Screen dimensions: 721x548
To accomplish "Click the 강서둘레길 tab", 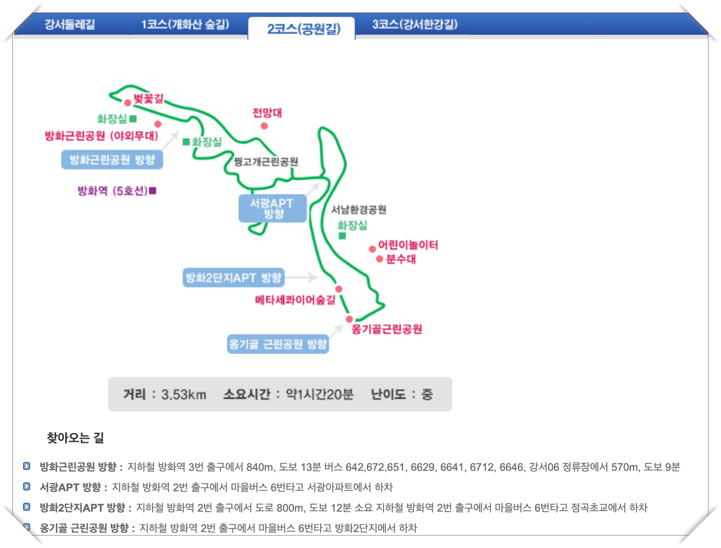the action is (70, 24).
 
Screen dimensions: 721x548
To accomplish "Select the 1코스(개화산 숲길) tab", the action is (185, 24).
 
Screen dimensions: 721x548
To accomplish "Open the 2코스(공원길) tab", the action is (303, 29).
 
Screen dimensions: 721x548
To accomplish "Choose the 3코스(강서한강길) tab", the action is (415, 24).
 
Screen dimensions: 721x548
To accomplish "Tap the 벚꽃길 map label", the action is (149, 98).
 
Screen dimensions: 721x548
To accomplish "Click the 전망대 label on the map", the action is (267, 113).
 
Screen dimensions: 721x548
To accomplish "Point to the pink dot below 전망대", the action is (264, 126).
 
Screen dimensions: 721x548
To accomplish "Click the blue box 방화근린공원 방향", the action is (112, 160).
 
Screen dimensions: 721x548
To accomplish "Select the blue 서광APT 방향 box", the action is (272, 208).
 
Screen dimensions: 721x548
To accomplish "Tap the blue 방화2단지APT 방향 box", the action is (233, 278).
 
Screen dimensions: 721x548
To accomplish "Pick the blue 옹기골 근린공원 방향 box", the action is (278, 344).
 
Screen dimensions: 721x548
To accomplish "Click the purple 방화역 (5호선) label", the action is (113, 191).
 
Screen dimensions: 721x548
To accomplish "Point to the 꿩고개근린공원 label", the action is (266, 162).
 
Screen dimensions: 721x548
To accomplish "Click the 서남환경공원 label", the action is (359, 209).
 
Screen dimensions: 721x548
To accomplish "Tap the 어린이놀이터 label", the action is (408, 245).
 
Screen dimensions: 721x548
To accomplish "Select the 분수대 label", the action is (401, 259).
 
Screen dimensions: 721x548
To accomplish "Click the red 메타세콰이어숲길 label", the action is (295, 300).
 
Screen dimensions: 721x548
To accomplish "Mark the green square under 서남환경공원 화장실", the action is (342, 236).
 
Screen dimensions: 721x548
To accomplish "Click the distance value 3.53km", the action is (184, 394).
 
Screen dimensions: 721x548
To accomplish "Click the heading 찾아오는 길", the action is (75, 438).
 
